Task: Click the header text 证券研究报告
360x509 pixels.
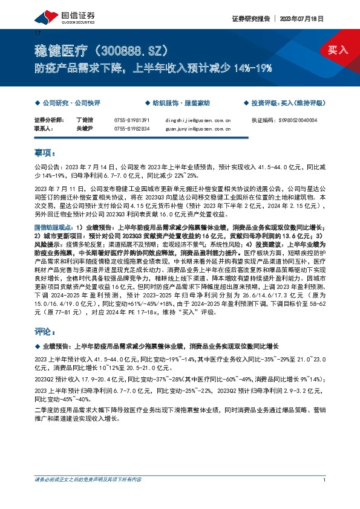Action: [249, 19]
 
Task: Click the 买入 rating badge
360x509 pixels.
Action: [338, 50]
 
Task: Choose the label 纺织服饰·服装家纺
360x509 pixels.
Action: [177, 103]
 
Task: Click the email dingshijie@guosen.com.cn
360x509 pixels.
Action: [198, 120]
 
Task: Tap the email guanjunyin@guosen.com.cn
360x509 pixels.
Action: [198, 128]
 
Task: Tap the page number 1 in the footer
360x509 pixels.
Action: [325, 497]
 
